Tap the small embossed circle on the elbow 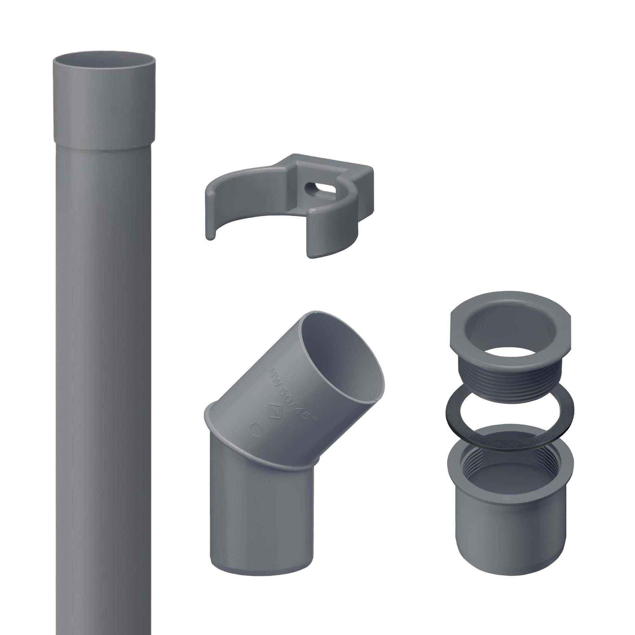255,429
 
